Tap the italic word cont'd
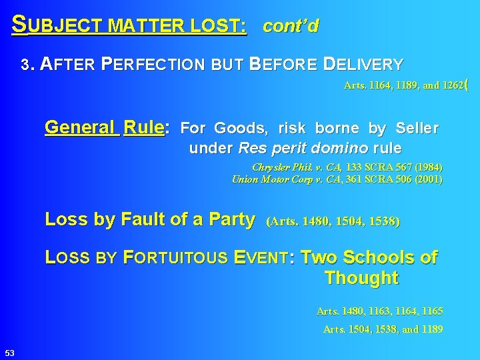coord(291,27)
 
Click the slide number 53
coord(10,352)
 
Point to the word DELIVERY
coord(363,65)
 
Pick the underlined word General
coord(81,127)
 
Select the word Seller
coord(417,127)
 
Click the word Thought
coord(361,278)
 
